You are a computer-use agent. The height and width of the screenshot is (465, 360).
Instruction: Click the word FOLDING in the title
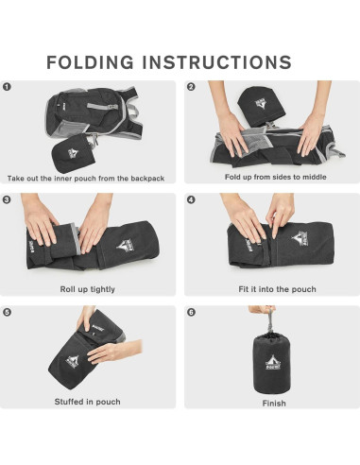[99, 62]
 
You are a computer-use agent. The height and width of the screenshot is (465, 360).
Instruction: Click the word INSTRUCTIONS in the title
[224, 62]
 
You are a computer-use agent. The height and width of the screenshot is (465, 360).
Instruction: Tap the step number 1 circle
[8, 87]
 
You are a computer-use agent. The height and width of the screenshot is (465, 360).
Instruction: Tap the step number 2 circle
[191, 87]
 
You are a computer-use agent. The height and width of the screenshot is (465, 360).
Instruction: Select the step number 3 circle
[8, 199]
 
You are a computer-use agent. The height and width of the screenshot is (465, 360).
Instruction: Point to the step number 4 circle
[191, 199]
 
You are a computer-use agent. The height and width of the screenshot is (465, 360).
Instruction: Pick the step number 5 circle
[8, 312]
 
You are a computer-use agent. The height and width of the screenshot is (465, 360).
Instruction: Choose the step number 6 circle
[191, 312]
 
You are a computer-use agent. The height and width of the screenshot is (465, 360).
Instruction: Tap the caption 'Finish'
[273, 402]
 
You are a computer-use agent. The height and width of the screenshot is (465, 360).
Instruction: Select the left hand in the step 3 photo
[42, 225]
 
